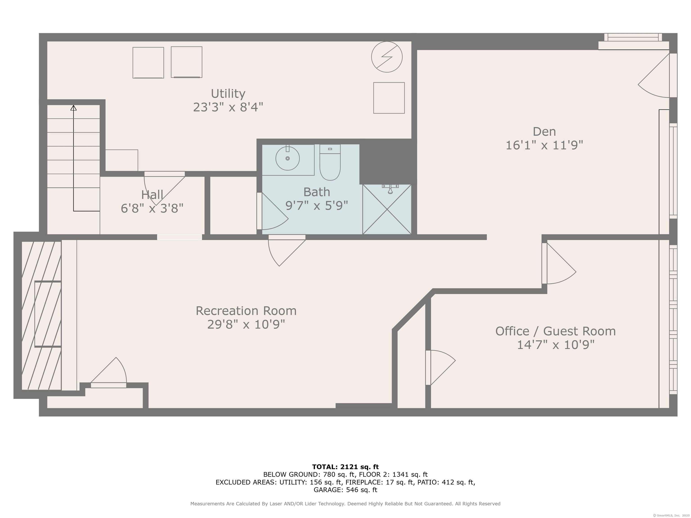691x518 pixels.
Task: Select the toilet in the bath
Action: coord(330,162)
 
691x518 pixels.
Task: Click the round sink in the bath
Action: coord(287,158)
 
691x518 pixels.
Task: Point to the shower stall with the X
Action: coord(387,209)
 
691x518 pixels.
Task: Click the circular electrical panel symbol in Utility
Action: coord(387,57)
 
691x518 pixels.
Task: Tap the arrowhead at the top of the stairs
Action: coord(73,108)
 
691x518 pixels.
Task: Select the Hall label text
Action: coord(152,195)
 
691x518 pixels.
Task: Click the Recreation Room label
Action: coord(246,311)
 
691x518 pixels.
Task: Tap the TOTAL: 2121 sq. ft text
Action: coord(345,467)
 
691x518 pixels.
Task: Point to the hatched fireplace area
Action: coord(41,315)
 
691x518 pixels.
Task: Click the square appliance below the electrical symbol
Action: coord(389,98)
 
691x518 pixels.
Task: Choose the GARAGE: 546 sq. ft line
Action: coord(345,490)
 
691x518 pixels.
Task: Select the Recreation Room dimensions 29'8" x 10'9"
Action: coord(246,324)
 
